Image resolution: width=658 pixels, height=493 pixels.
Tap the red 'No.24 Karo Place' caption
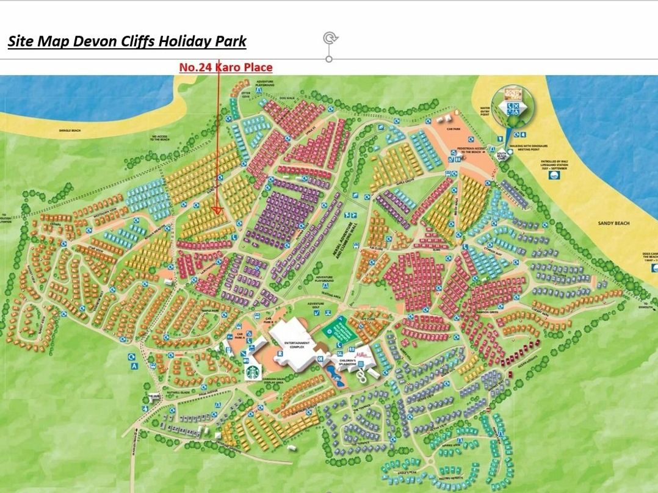[x=225, y=67]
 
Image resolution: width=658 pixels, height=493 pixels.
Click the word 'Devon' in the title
[x=93, y=41]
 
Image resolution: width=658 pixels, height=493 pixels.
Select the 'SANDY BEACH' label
[x=613, y=224]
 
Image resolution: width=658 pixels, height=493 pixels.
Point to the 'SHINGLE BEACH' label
[x=69, y=130]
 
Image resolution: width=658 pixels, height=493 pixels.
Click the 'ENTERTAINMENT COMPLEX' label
[x=297, y=345]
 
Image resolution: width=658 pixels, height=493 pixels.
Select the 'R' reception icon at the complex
[x=280, y=353]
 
